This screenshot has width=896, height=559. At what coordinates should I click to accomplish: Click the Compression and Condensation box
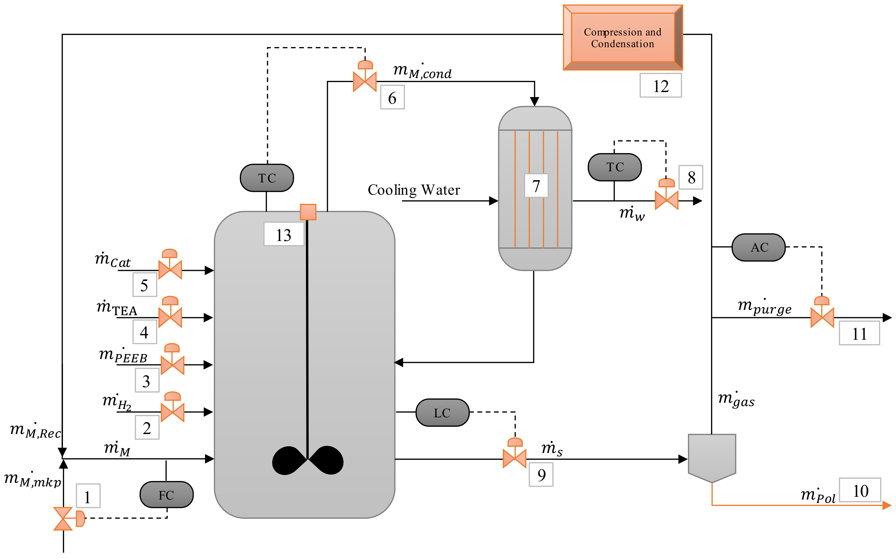coord(622,37)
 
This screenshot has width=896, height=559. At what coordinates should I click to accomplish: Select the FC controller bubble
coord(167,495)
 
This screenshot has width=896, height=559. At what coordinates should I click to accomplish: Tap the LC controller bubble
coord(442,413)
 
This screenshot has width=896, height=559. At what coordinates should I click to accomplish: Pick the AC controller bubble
coord(759,247)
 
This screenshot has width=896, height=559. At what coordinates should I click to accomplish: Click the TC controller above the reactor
coord(267,178)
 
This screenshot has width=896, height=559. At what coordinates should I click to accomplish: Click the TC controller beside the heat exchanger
coord(615,167)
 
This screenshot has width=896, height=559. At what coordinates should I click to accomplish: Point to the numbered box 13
coord(284,234)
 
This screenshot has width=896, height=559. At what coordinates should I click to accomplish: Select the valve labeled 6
coord(365,81)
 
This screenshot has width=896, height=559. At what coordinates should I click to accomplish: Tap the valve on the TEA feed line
coord(170,317)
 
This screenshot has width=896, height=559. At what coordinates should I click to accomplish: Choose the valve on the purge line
coord(822,317)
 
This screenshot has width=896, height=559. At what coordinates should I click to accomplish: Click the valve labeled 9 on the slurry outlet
coord(514,458)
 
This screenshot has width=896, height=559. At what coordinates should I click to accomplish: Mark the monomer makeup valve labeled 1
coord(63,518)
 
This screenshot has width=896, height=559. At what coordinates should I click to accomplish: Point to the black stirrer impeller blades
coord(308,460)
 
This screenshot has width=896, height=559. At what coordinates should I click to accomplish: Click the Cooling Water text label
coord(413,190)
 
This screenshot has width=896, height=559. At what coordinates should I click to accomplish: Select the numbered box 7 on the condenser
coord(536,185)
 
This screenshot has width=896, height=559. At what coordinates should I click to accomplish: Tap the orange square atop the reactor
coord(308,212)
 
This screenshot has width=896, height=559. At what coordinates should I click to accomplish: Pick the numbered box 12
coord(661,86)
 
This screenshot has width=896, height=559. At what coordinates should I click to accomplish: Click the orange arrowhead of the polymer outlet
coord(887,505)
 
